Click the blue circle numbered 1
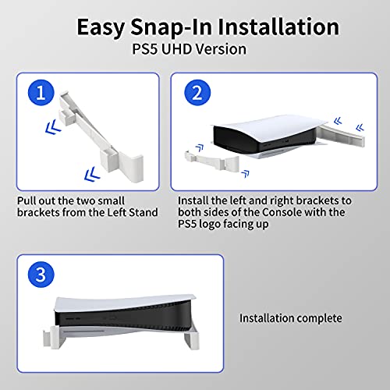click(x=41, y=93)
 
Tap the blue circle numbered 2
click(x=197, y=93)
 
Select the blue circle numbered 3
click(x=41, y=275)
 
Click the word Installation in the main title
click(x=278, y=27)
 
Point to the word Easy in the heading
click(x=101, y=28)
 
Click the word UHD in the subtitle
click(x=176, y=49)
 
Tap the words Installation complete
click(x=291, y=318)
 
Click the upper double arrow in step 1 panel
click(x=53, y=127)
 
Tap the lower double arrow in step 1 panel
click(x=92, y=174)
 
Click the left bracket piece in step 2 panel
click(x=212, y=160)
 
